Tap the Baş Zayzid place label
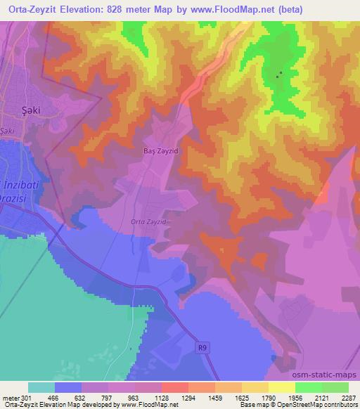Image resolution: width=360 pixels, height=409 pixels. pyautogui.click(x=153, y=150)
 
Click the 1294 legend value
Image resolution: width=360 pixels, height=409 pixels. pyautogui.click(x=188, y=396)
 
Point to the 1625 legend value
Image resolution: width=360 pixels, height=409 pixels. pyautogui.click(x=242, y=396)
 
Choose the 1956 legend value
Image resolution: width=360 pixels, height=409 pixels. pyautogui.click(x=295, y=396)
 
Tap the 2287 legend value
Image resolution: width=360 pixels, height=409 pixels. pyautogui.click(x=347, y=396)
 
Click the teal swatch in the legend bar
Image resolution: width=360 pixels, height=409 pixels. pyautogui.click(x=41, y=387)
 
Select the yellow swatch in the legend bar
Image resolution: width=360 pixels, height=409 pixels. pyautogui.click(x=281, y=387)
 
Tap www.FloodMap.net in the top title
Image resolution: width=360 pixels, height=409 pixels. pyautogui.click(x=245, y=10)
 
